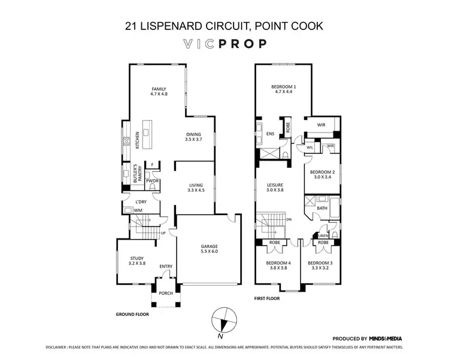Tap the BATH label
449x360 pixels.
pyautogui.click(x=322, y=208)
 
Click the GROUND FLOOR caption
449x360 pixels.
pyautogui.click(x=132, y=313)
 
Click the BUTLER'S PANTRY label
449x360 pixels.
pyautogui.click(x=135, y=173)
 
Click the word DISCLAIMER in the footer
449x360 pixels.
pyautogui.click(x=60, y=347)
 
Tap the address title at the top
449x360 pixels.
pyautogui.click(x=224, y=26)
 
